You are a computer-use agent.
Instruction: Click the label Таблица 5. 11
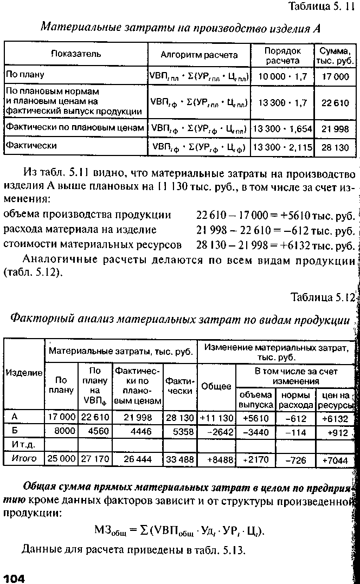[x=320, y=8]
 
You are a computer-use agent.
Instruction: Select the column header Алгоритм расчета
[x=199, y=55]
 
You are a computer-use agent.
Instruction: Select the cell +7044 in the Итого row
[x=338, y=459]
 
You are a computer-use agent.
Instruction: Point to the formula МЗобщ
[x=179, y=529]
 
